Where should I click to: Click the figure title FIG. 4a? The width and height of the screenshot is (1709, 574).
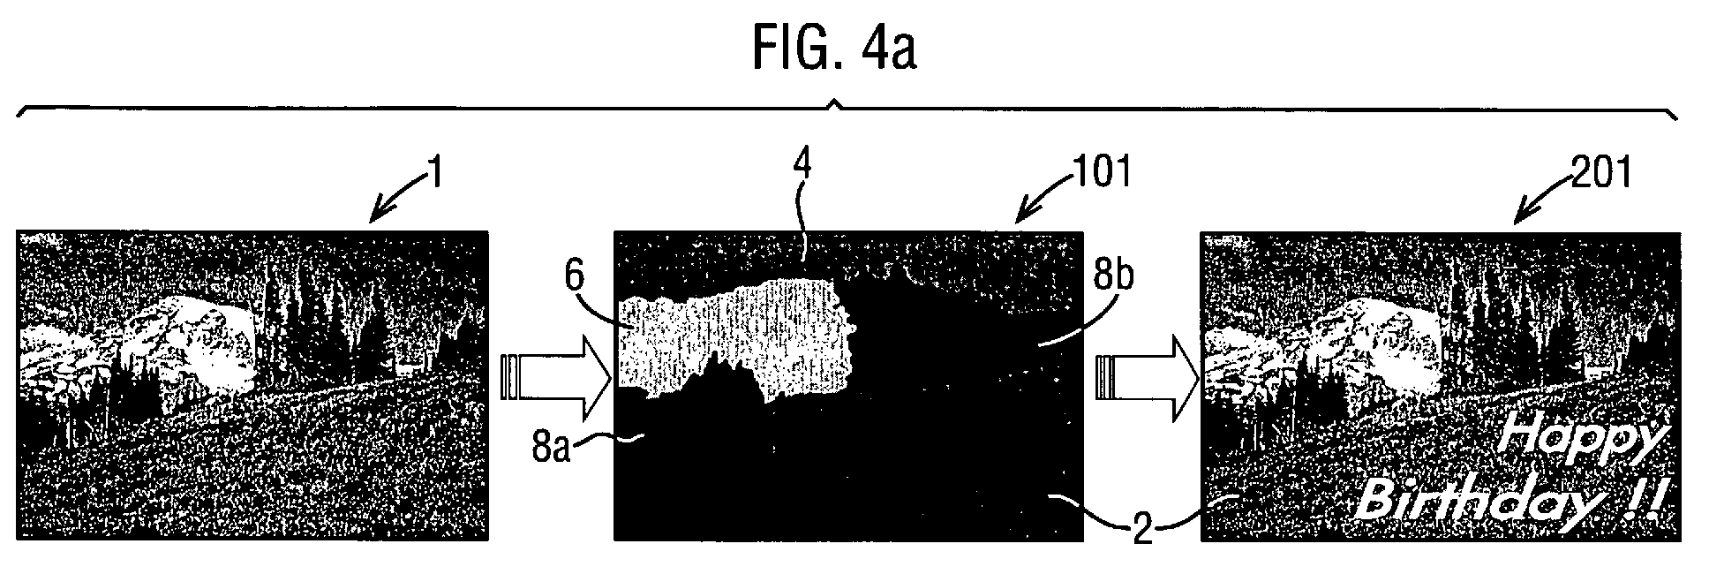(x=834, y=49)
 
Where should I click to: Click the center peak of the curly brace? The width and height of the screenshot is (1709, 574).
(x=834, y=104)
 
